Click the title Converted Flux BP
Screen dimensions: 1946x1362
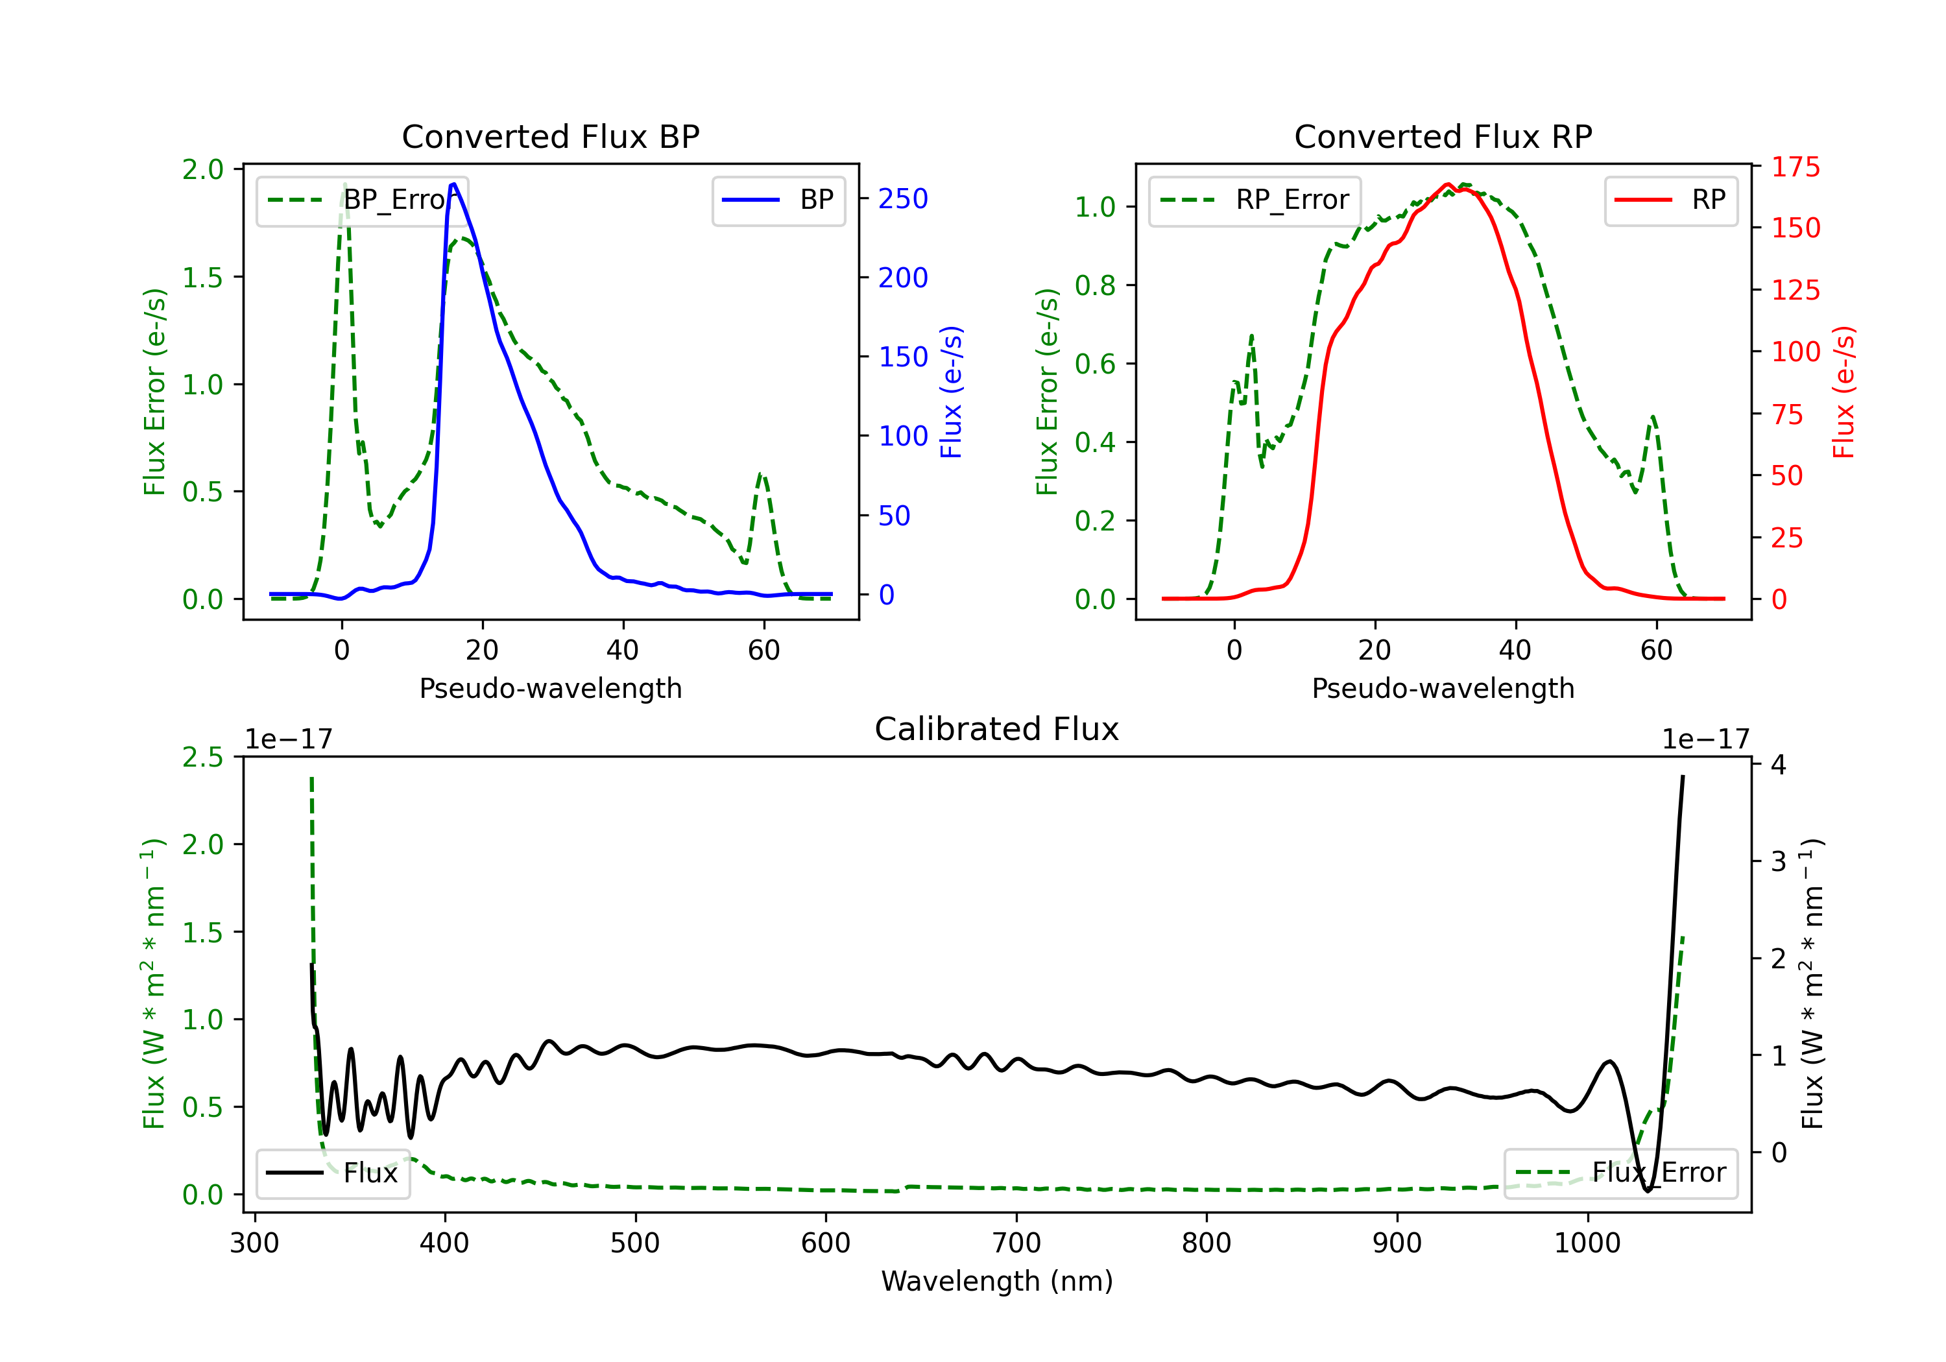point(551,136)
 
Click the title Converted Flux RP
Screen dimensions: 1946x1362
point(1443,136)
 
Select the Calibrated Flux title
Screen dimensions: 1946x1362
point(997,729)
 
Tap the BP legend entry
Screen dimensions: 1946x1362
point(778,200)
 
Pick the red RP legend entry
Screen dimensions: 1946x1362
point(1670,200)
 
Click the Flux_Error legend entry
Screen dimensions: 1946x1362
point(1620,1173)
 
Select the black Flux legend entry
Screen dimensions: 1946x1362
point(332,1173)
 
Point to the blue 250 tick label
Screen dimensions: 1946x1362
point(903,199)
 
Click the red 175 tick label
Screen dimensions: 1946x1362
point(1795,167)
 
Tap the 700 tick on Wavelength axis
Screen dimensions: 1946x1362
point(1016,1243)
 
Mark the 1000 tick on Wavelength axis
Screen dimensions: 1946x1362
point(1587,1243)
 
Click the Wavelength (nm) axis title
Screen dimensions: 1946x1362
point(997,1282)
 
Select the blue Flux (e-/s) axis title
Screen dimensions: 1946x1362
point(951,392)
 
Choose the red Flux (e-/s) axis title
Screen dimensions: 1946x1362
point(1844,392)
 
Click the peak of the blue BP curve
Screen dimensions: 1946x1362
point(453,184)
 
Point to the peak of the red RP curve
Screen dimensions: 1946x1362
point(1448,184)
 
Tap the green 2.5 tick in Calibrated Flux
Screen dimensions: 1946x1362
point(202,757)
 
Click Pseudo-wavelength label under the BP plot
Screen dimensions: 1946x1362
point(551,688)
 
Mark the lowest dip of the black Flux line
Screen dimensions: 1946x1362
point(1648,1191)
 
